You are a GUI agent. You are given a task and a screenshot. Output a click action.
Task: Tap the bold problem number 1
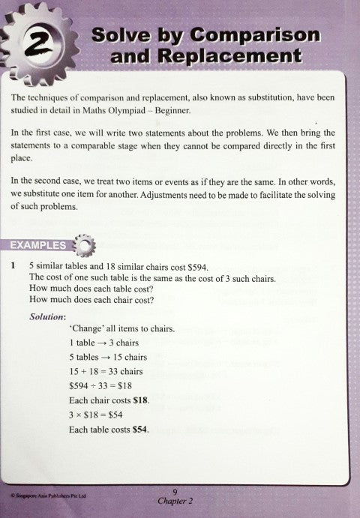12,267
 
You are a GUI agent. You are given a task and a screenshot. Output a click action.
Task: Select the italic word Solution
49,316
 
